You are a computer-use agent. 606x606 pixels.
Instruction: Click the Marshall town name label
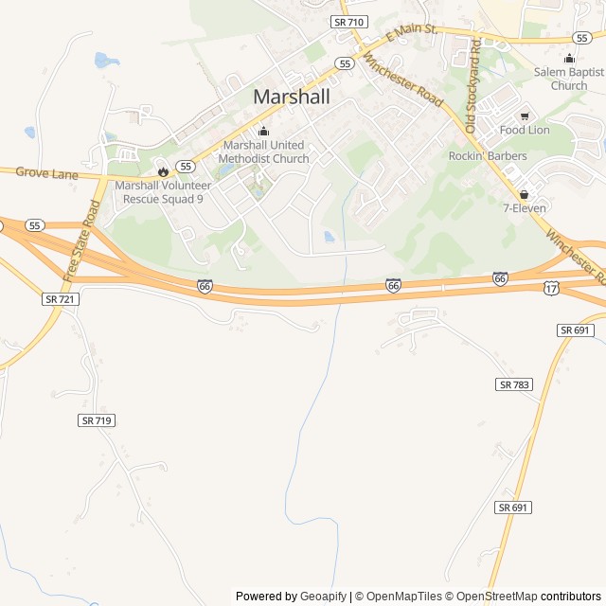pos(292,97)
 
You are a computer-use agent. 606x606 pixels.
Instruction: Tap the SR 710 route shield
pos(348,21)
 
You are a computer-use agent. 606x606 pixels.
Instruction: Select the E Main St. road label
pos(411,35)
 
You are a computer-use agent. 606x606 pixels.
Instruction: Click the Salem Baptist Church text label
pos(568,79)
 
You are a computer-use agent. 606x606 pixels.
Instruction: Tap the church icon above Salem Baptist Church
pos(568,57)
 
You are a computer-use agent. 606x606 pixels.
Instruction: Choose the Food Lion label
pos(525,130)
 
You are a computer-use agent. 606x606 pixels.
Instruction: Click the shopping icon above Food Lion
pos(525,116)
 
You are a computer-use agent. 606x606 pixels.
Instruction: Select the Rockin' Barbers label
pos(488,155)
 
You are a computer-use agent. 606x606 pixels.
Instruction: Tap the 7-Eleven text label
pos(525,207)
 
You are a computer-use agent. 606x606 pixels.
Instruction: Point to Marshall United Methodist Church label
pos(263,151)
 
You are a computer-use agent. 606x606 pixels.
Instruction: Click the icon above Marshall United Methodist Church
pos(263,131)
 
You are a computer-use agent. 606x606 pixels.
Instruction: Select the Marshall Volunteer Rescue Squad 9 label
pos(162,192)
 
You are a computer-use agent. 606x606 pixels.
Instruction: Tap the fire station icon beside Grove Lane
pos(163,171)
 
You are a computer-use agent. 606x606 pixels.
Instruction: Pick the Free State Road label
pos(81,241)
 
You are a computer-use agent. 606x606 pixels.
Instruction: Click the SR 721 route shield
pos(60,298)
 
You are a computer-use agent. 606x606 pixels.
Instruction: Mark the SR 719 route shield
pos(97,419)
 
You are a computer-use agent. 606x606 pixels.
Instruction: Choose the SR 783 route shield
pos(514,383)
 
